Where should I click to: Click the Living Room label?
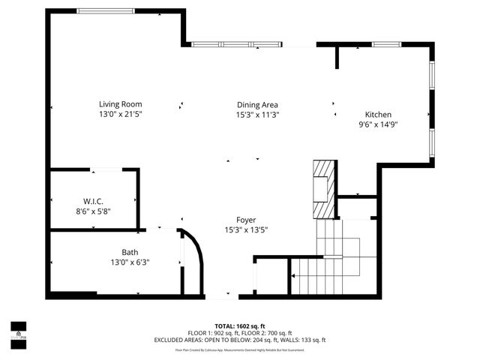point(120,104)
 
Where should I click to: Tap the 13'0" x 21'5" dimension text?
point(120,115)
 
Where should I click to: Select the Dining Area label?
point(257,104)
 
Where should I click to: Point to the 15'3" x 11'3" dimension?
point(257,115)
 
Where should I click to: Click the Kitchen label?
point(377,114)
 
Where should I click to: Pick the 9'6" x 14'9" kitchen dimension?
point(377,124)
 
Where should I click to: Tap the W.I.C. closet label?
point(93,201)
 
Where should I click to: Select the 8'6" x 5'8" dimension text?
point(93,211)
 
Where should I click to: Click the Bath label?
point(130,252)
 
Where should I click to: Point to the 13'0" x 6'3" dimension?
point(130,262)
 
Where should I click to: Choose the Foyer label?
point(246,220)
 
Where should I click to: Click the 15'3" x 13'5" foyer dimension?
point(246,230)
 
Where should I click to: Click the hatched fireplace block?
point(322,187)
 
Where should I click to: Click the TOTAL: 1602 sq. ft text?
point(239,326)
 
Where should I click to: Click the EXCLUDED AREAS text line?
point(239,340)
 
